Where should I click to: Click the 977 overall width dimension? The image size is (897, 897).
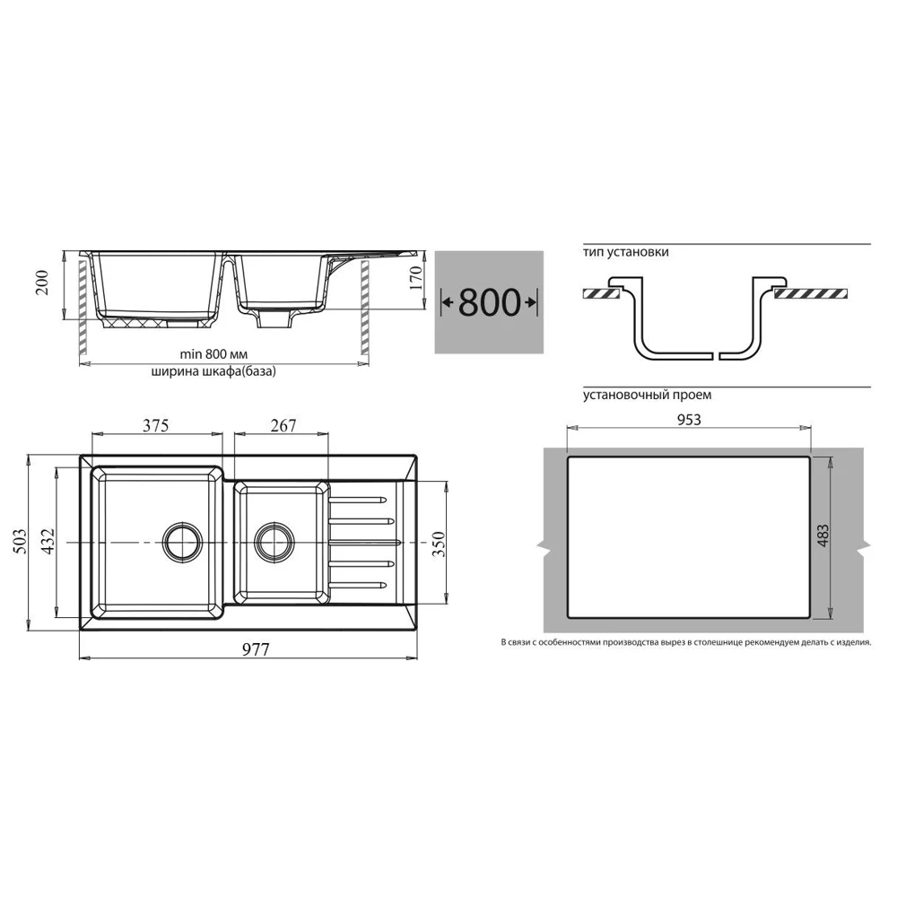tap(255, 649)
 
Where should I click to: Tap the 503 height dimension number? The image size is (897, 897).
tap(19, 541)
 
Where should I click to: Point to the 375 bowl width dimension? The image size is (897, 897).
tap(155, 425)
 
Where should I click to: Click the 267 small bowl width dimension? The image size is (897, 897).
tap(283, 425)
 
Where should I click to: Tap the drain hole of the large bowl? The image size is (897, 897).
tap(182, 541)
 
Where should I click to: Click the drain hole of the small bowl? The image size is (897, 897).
tap(274, 541)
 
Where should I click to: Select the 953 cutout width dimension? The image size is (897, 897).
tap(689, 420)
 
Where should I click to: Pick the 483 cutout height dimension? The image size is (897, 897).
tap(823, 536)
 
